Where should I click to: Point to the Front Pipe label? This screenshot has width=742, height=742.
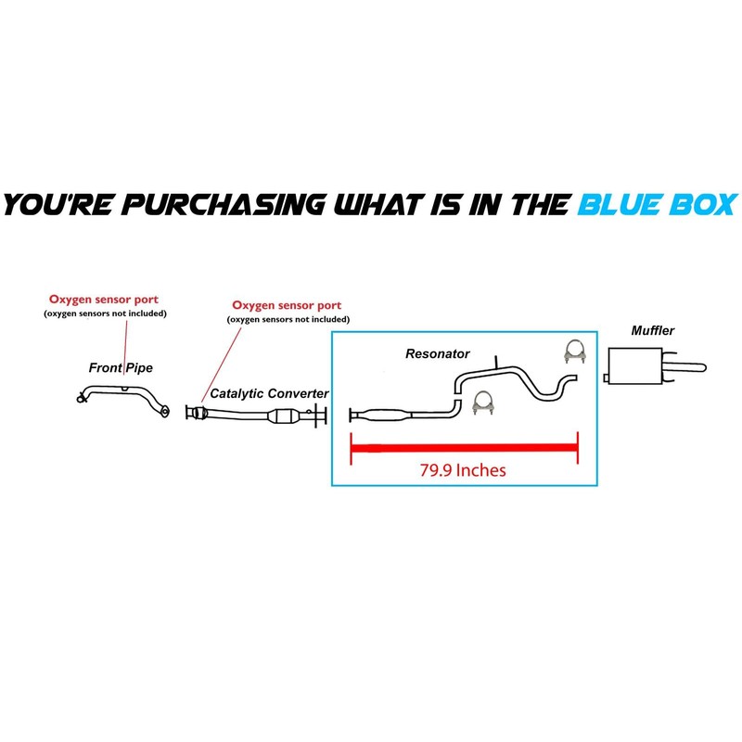121,368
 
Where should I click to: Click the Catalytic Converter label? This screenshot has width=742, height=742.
269,394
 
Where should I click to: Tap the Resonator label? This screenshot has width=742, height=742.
438,354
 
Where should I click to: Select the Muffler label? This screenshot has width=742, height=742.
652,329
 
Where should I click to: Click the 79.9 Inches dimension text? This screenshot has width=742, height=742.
463,469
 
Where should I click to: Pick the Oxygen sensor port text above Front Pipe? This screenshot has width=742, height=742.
105,300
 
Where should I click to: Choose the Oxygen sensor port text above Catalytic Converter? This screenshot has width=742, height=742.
287,305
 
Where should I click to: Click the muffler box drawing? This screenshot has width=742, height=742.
631,365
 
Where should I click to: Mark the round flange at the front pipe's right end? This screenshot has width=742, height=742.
164,411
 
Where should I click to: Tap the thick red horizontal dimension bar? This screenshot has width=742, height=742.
464,449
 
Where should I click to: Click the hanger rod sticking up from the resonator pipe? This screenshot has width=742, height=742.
495,362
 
